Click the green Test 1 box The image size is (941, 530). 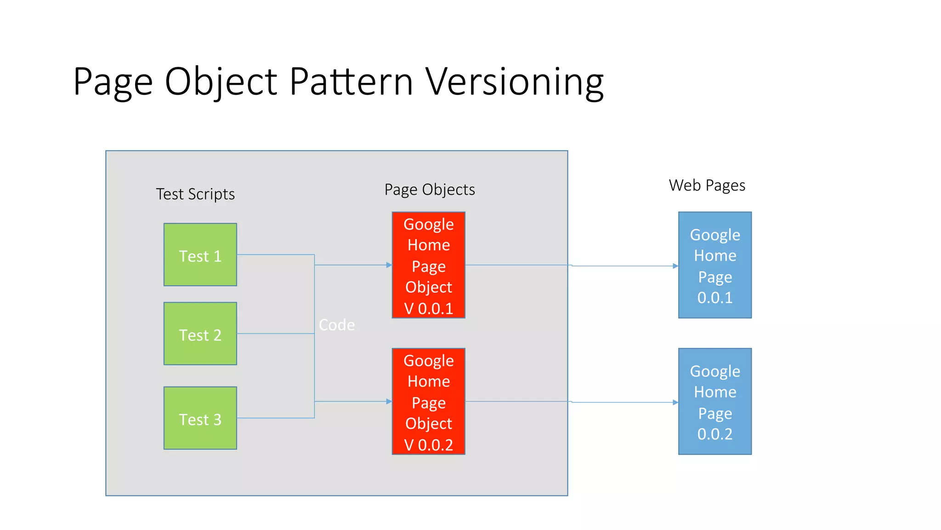(200, 254)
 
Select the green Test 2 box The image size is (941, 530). (200, 334)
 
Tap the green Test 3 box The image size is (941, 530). (200, 418)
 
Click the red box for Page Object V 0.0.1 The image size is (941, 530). (428, 265)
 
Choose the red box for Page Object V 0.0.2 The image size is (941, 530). (428, 401)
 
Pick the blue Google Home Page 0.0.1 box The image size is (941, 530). (714, 265)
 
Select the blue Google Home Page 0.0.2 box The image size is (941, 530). (714, 401)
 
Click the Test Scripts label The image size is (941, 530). (195, 194)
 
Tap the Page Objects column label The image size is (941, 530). (430, 190)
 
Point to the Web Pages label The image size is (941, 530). (707, 185)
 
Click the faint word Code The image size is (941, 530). (337, 325)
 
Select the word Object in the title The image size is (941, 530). (221, 81)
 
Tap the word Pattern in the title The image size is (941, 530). (351, 81)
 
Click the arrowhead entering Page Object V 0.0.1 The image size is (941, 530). (389, 265)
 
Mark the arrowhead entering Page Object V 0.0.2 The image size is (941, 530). (389, 402)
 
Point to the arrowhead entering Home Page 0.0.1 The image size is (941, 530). (675, 266)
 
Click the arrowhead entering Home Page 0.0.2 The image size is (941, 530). (675, 403)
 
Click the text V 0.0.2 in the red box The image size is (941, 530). (428, 445)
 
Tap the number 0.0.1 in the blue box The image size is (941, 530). (714, 298)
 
